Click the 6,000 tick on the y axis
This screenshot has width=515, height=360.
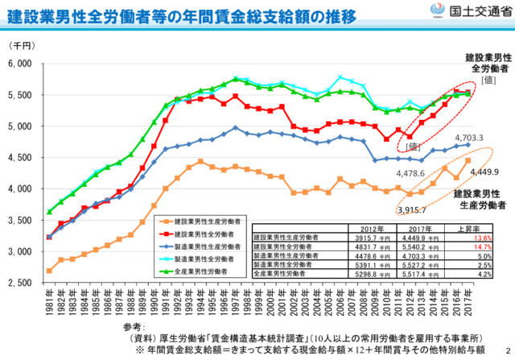(18, 64)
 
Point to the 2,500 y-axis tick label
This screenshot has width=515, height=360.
(18, 283)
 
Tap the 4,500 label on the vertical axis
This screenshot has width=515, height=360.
(18, 158)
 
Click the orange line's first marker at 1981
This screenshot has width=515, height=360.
(50, 271)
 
